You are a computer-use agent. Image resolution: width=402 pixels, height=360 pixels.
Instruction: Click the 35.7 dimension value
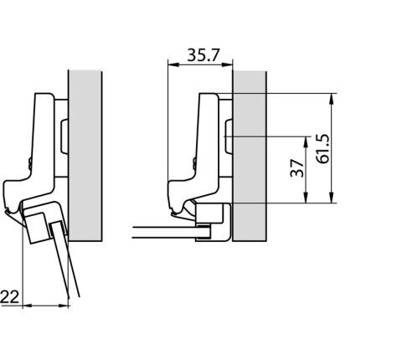204,55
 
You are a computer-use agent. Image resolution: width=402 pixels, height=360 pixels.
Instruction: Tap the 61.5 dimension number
323,148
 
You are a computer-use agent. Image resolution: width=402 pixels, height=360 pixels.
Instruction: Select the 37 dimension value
296,168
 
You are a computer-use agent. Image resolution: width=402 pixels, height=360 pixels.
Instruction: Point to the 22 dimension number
10,296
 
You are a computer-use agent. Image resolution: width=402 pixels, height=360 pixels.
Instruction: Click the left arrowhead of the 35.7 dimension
173,64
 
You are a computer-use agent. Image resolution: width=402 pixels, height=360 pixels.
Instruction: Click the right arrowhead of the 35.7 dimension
227,64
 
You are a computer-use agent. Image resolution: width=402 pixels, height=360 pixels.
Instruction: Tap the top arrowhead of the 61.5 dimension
332,99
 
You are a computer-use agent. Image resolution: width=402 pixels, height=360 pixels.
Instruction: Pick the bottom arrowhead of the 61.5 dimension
332,198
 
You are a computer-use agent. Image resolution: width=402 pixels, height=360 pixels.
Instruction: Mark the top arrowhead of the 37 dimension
306,142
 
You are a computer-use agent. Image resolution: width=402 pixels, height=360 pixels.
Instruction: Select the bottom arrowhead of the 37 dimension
306,198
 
